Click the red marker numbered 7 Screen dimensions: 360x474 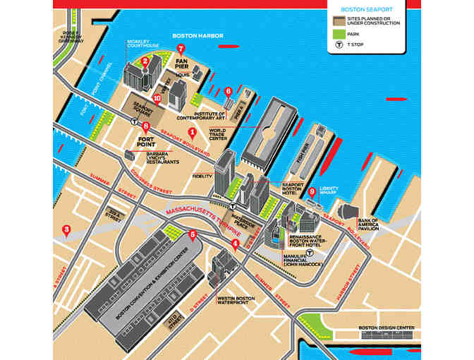tap(181, 49)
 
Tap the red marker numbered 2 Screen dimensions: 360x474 tap(145, 61)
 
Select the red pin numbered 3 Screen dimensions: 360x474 tap(66, 229)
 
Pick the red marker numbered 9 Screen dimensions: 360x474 tap(312, 191)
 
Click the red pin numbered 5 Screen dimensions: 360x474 tap(193, 234)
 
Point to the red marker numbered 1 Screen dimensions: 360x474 tap(193, 132)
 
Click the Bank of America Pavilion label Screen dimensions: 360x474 tap(368, 224)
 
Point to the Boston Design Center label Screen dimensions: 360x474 tap(383, 328)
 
